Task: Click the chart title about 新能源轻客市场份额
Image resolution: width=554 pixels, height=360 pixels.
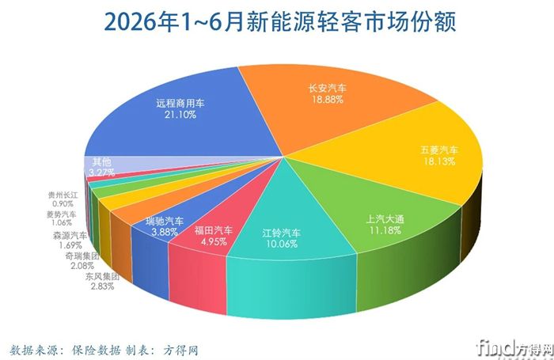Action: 280,22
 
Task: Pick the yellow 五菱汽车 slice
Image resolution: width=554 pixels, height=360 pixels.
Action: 424,155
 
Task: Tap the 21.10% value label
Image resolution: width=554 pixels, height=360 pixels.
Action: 180,115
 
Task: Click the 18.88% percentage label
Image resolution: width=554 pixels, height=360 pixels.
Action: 327,100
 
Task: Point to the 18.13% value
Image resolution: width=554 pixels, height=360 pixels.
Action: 439,162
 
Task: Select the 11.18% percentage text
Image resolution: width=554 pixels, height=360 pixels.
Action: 385,231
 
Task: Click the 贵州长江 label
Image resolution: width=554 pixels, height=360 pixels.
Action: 63,195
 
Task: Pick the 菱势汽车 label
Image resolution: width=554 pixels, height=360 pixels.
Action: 61,214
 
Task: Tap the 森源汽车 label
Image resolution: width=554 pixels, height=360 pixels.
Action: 70,236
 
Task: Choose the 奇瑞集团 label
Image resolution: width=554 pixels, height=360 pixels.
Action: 82,256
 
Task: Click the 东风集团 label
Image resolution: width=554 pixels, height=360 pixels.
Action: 102,277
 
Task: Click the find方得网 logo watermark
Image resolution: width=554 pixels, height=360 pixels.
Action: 514,349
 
